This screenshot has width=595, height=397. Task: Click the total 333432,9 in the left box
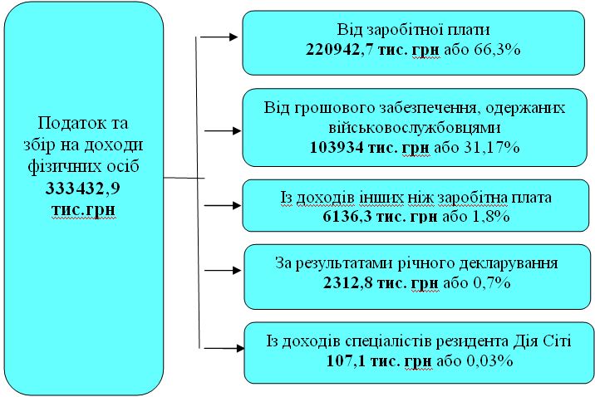[x=83, y=188]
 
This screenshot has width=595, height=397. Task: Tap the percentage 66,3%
[x=497, y=50]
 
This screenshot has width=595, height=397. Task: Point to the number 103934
[x=337, y=147]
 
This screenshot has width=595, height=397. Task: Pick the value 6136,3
[x=347, y=217]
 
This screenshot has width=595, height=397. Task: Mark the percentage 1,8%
[x=491, y=217]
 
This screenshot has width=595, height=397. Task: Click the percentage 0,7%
[x=492, y=283]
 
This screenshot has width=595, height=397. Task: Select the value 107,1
[x=346, y=360]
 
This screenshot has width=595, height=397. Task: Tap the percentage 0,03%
[x=489, y=360]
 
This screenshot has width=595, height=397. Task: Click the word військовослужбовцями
[x=415, y=128]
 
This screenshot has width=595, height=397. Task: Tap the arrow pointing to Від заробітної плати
[x=219, y=37]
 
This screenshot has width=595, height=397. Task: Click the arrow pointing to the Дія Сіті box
[x=224, y=348]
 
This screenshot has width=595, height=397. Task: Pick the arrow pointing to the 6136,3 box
[x=223, y=205]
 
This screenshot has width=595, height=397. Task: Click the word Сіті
[x=558, y=341]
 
